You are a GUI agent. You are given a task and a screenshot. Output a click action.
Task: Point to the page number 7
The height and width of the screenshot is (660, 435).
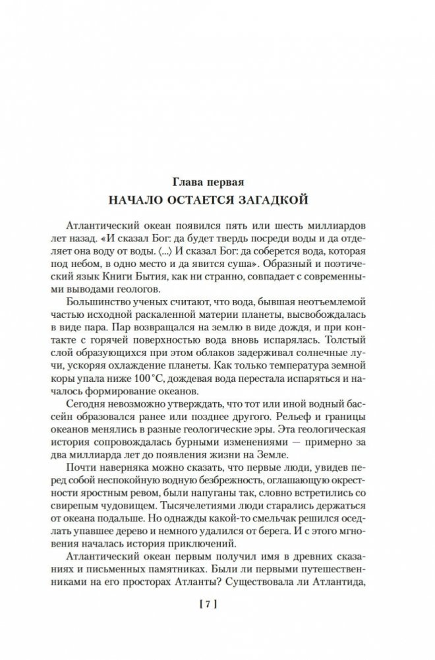tap(217, 603)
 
